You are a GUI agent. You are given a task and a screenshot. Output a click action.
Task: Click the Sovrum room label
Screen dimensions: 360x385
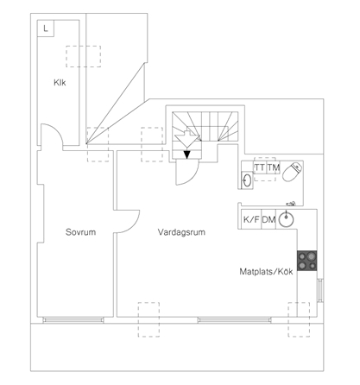80,232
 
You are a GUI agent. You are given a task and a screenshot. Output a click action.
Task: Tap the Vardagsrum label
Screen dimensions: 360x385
181,232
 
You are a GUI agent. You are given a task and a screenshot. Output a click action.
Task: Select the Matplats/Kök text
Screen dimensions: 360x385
266,272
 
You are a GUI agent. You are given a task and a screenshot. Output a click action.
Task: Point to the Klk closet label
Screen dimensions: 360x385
60,83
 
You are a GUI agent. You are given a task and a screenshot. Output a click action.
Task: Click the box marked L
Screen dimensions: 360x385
46,28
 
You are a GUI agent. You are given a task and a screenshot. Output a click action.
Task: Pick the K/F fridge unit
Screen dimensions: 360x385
251,219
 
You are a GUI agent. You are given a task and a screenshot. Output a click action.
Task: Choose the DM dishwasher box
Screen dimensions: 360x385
268,219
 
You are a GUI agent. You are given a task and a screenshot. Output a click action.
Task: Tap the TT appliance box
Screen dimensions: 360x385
260,167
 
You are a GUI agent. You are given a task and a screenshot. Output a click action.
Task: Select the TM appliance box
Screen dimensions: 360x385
274,167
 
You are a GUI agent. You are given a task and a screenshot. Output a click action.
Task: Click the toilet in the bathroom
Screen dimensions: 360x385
293,172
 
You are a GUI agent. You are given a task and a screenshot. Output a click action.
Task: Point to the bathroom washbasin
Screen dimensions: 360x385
247,180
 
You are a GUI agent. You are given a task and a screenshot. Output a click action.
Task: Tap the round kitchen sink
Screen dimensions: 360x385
286,219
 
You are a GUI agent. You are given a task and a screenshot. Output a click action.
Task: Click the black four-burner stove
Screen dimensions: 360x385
307,261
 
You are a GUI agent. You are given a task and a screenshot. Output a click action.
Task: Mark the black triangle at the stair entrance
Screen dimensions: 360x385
187,155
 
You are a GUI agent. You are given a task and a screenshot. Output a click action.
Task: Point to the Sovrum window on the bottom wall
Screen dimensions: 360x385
73,319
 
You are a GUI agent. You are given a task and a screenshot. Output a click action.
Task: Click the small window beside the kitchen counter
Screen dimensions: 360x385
319,290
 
